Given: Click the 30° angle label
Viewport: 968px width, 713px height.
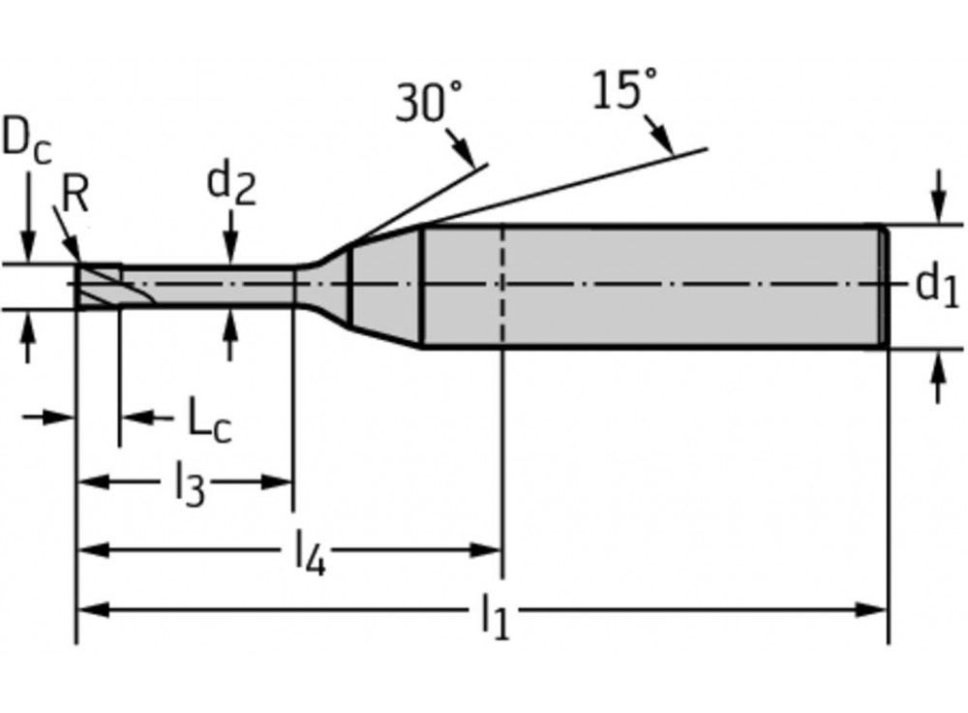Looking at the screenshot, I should click(429, 102).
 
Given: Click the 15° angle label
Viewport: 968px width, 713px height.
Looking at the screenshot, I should click(617, 91).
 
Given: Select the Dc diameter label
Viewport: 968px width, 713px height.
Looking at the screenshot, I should click(26, 139).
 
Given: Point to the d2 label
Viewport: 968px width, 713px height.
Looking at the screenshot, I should click(231, 183).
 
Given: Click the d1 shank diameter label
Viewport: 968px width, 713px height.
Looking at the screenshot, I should click(937, 285).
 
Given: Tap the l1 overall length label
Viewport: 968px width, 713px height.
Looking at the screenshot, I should click(495, 616).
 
